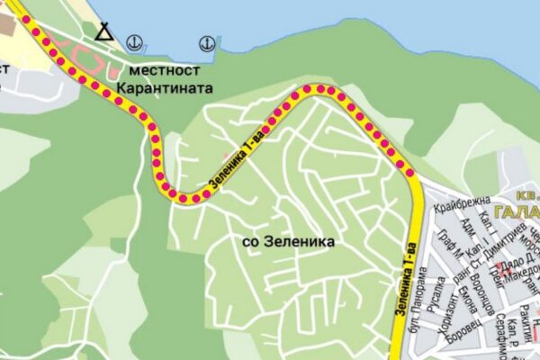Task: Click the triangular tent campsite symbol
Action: [x=105, y=33]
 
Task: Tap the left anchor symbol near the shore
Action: [x=134, y=41]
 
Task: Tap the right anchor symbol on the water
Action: [x=205, y=41]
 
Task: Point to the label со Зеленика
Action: [x=289, y=242]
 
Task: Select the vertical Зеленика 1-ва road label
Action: [x=404, y=279]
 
